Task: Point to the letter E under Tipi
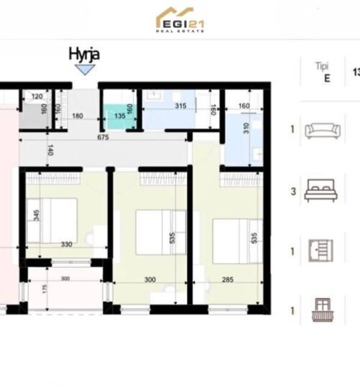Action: pyautogui.click(x=327, y=79)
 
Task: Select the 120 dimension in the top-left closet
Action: pyautogui.click(x=38, y=96)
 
